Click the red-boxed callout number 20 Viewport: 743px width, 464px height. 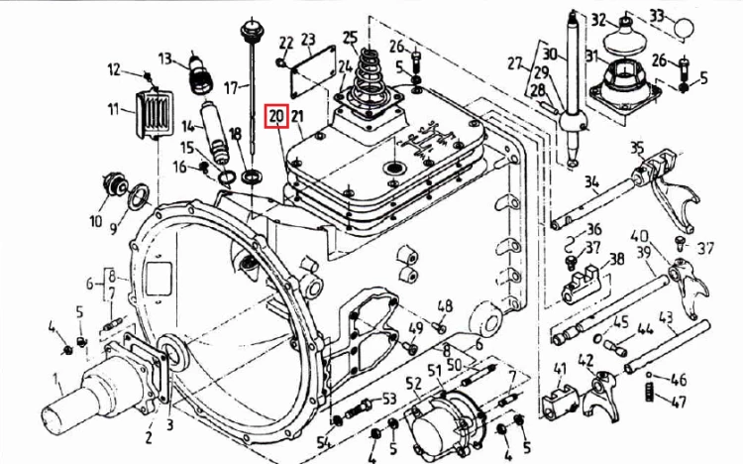(276, 116)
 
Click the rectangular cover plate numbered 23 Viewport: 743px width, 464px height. (313, 76)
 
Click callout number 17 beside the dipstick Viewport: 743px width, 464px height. (231, 88)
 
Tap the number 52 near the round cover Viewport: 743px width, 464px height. (414, 383)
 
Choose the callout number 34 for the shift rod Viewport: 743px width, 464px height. (591, 181)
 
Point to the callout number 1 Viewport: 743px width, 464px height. (55, 381)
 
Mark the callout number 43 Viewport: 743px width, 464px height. (666, 317)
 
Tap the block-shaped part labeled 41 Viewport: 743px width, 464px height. (559, 403)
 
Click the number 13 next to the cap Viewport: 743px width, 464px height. (164, 58)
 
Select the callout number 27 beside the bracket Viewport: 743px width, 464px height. (514, 63)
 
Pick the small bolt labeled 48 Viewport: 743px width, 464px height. (439, 327)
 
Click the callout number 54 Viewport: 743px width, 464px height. (323, 442)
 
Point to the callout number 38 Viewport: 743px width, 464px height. (616, 259)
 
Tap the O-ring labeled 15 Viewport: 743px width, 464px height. (227, 177)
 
